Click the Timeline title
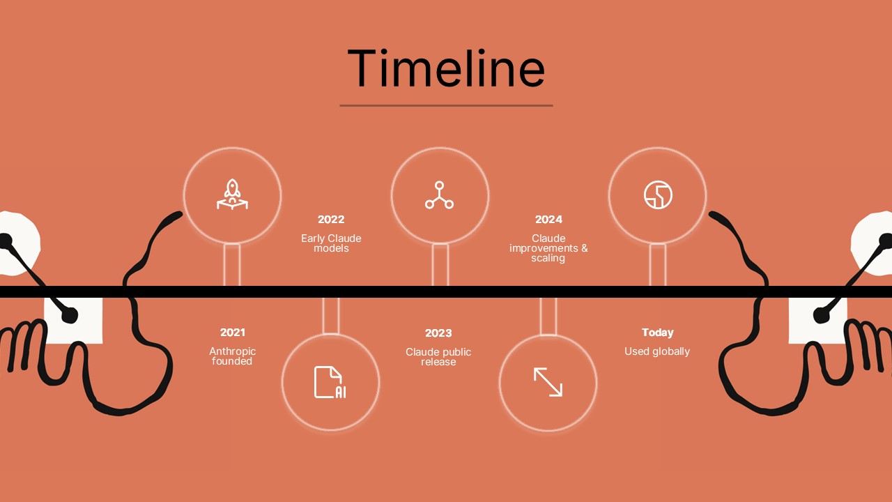point(446,68)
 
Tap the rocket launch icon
point(232,195)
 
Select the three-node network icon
point(439,195)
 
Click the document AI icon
point(330,382)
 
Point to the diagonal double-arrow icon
point(548,382)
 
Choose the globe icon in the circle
point(657,195)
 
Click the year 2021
point(232,333)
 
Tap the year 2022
point(331,220)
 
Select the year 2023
point(438,333)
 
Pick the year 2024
point(548,220)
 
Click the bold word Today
point(657,333)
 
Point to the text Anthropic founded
point(232,356)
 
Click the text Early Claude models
point(331,243)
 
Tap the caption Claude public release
point(438,357)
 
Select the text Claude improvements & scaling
point(548,248)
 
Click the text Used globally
point(657,351)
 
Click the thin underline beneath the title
point(446,105)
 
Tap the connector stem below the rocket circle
point(232,265)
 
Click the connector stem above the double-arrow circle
point(548,316)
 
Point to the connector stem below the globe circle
point(657,265)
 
